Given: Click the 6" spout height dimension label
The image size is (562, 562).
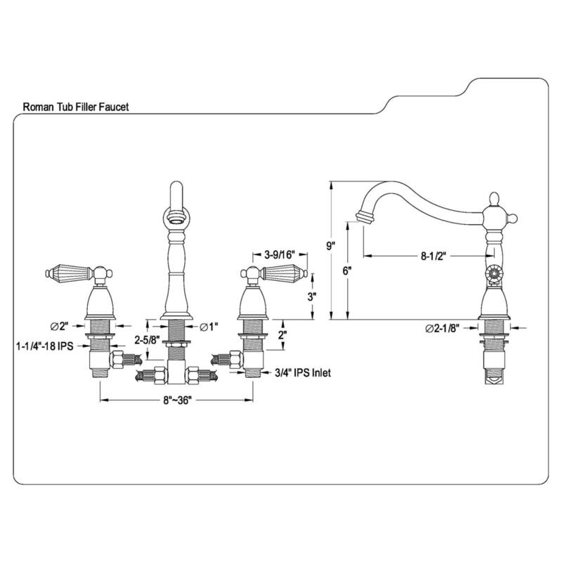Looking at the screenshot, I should pyautogui.click(x=347, y=270).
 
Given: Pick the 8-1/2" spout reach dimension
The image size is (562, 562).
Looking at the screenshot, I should pyautogui.click(x=434, y=256).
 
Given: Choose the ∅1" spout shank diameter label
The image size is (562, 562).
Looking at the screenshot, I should pyautogui.click(x=209, y=326).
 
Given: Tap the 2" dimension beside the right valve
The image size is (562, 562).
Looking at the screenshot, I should pyautogui.click(x=282, y=336).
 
